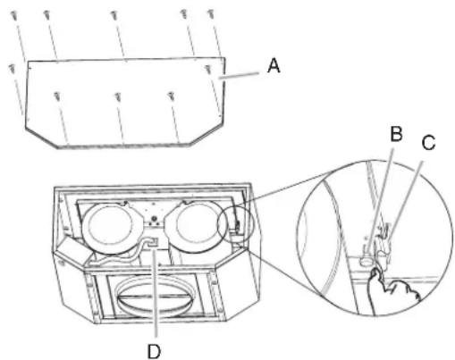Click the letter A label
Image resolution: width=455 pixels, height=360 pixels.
(274, 65)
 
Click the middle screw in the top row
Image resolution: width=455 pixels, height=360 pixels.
(114, 15)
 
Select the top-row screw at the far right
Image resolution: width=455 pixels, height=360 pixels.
(213, 15)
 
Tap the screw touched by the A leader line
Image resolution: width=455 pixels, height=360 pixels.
(209, 69)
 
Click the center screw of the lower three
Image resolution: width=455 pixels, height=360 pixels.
(119, 96)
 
